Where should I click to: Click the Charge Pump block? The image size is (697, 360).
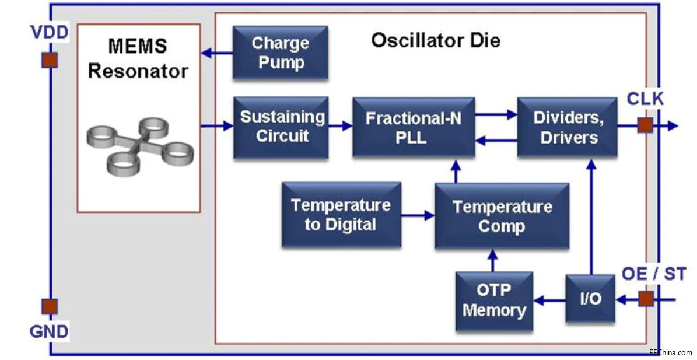[279, 53]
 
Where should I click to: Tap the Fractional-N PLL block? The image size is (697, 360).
[412, 127]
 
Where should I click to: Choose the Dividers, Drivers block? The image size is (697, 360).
[566, 127]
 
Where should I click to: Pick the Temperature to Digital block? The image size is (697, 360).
[341, 214]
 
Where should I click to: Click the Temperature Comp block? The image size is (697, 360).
[502, 216]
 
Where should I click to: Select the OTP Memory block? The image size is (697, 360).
[493, 301]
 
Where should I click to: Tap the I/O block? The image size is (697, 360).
[590, 299]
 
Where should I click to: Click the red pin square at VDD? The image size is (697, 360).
[50, 60]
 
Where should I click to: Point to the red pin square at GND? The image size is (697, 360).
[50, 306]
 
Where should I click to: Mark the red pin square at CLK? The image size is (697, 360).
[645, 125]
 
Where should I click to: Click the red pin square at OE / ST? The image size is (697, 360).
[645, 299]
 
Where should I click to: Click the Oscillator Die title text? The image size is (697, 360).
[435, 41]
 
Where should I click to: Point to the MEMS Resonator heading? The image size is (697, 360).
[138, 58]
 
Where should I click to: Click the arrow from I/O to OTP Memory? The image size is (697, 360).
[549, 300]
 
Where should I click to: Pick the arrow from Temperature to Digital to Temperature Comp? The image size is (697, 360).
[418, 215]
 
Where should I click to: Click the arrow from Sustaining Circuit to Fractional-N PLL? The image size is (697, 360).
[339, 125]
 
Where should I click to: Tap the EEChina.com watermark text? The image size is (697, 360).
[670, 352]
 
